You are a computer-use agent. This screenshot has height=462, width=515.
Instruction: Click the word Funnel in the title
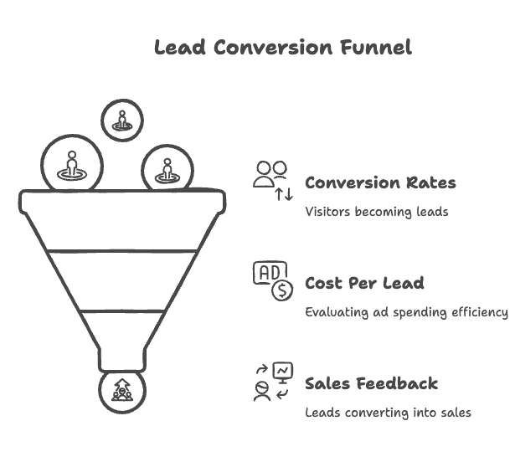point(376,47)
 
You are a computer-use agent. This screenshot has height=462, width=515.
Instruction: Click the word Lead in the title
point(180,47)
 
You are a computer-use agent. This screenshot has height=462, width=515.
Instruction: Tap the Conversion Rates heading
point(380,182)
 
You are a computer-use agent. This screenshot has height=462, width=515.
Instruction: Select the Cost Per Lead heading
point(364,283)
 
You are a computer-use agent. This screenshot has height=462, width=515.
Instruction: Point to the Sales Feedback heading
point(371,383)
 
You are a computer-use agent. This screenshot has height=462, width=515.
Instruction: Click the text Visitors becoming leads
point(376,212)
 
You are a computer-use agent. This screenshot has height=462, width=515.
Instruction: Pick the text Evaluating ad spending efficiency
point(406,312)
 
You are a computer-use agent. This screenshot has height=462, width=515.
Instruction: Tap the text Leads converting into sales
point(388,413)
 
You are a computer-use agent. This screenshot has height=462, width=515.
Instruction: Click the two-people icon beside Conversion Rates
point(270,174)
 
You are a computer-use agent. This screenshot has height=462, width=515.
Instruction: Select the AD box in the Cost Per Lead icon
point(270,273)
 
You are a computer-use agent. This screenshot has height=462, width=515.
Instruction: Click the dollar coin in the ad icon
point(282,290)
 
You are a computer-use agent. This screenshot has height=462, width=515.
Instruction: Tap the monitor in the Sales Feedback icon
point(283,372)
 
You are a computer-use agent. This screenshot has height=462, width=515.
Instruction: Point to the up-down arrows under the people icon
point(284,194)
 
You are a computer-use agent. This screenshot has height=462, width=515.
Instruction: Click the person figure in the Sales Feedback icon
point(262,391)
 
